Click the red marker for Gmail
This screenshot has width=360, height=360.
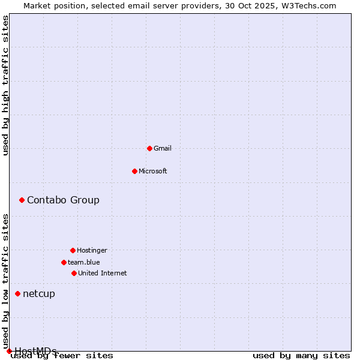(149, 148)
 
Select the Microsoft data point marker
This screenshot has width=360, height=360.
(134, 171)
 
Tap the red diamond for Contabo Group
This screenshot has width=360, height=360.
(22, 200)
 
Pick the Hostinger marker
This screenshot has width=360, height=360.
(73, 250)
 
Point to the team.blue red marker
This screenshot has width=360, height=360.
(64, 262)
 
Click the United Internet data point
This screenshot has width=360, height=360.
(74, 273)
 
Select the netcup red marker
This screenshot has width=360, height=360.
(17, 293)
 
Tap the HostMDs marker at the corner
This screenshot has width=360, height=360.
(9, 351)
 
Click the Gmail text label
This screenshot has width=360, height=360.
(163, 148)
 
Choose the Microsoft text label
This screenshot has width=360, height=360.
(153, 171)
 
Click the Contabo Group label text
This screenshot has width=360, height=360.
(63, 200)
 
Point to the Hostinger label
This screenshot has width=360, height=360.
(92, 250)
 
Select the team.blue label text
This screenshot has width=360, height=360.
(84, 262)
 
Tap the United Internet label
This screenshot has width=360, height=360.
(103, 273)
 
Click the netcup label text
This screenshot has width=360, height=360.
(39, 293)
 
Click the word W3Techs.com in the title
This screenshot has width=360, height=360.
(310, 5)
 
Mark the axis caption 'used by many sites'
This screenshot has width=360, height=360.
(301, 356)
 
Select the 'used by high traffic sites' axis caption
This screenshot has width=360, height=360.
(6, 86)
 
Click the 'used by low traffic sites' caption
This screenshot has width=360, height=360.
(6, 281)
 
